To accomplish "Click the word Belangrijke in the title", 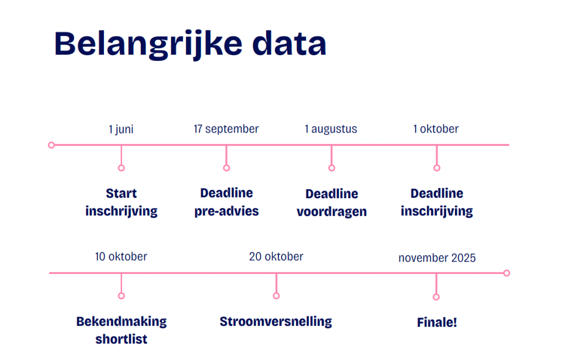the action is tap(149, 45).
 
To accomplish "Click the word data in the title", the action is tap(289, 43).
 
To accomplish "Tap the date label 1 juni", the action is tap(121, 129).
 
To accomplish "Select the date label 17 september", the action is tap(226, 129).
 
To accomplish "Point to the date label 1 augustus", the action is tap(331, 129).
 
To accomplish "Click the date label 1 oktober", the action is tap(436, 129).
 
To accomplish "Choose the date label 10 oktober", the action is tap(121, 257).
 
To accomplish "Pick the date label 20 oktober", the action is tap(276, 257).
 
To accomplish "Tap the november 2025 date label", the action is tap(437, 258).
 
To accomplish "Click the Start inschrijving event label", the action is tap(122, 202).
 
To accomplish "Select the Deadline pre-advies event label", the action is tap(226, 202).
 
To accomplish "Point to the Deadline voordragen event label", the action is tap(332, 203).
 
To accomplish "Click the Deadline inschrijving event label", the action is tap(437, 202).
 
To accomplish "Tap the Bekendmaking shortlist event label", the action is tap(122, 330).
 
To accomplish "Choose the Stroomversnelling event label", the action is tap(276, 321).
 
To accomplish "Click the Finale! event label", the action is tap(437, 322).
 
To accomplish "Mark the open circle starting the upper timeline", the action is tap(51, 145).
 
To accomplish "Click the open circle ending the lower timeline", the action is tap(506, 273).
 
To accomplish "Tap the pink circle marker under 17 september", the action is tap(226, 168).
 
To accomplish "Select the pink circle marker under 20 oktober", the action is tap(276, 296).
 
